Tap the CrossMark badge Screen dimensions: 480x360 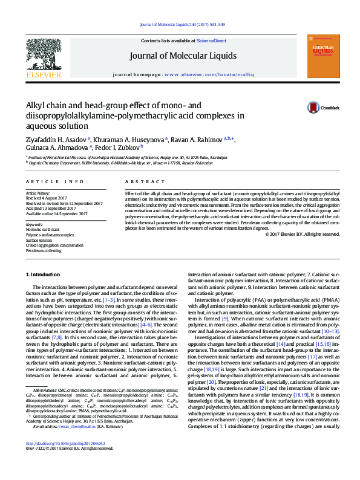pyautogui.click(x=317, y=107)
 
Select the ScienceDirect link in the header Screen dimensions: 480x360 pyautogui.click(x=212, y=41)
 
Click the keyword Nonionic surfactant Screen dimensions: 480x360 pyautogui.click(x=43, y=230)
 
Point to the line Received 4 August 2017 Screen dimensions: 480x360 pyautogui.click(x=46, y=196)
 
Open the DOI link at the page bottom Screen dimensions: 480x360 pyautogui.click(x=62, y=459)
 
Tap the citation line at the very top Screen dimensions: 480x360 pyautogui.click(x=182, y=24)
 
